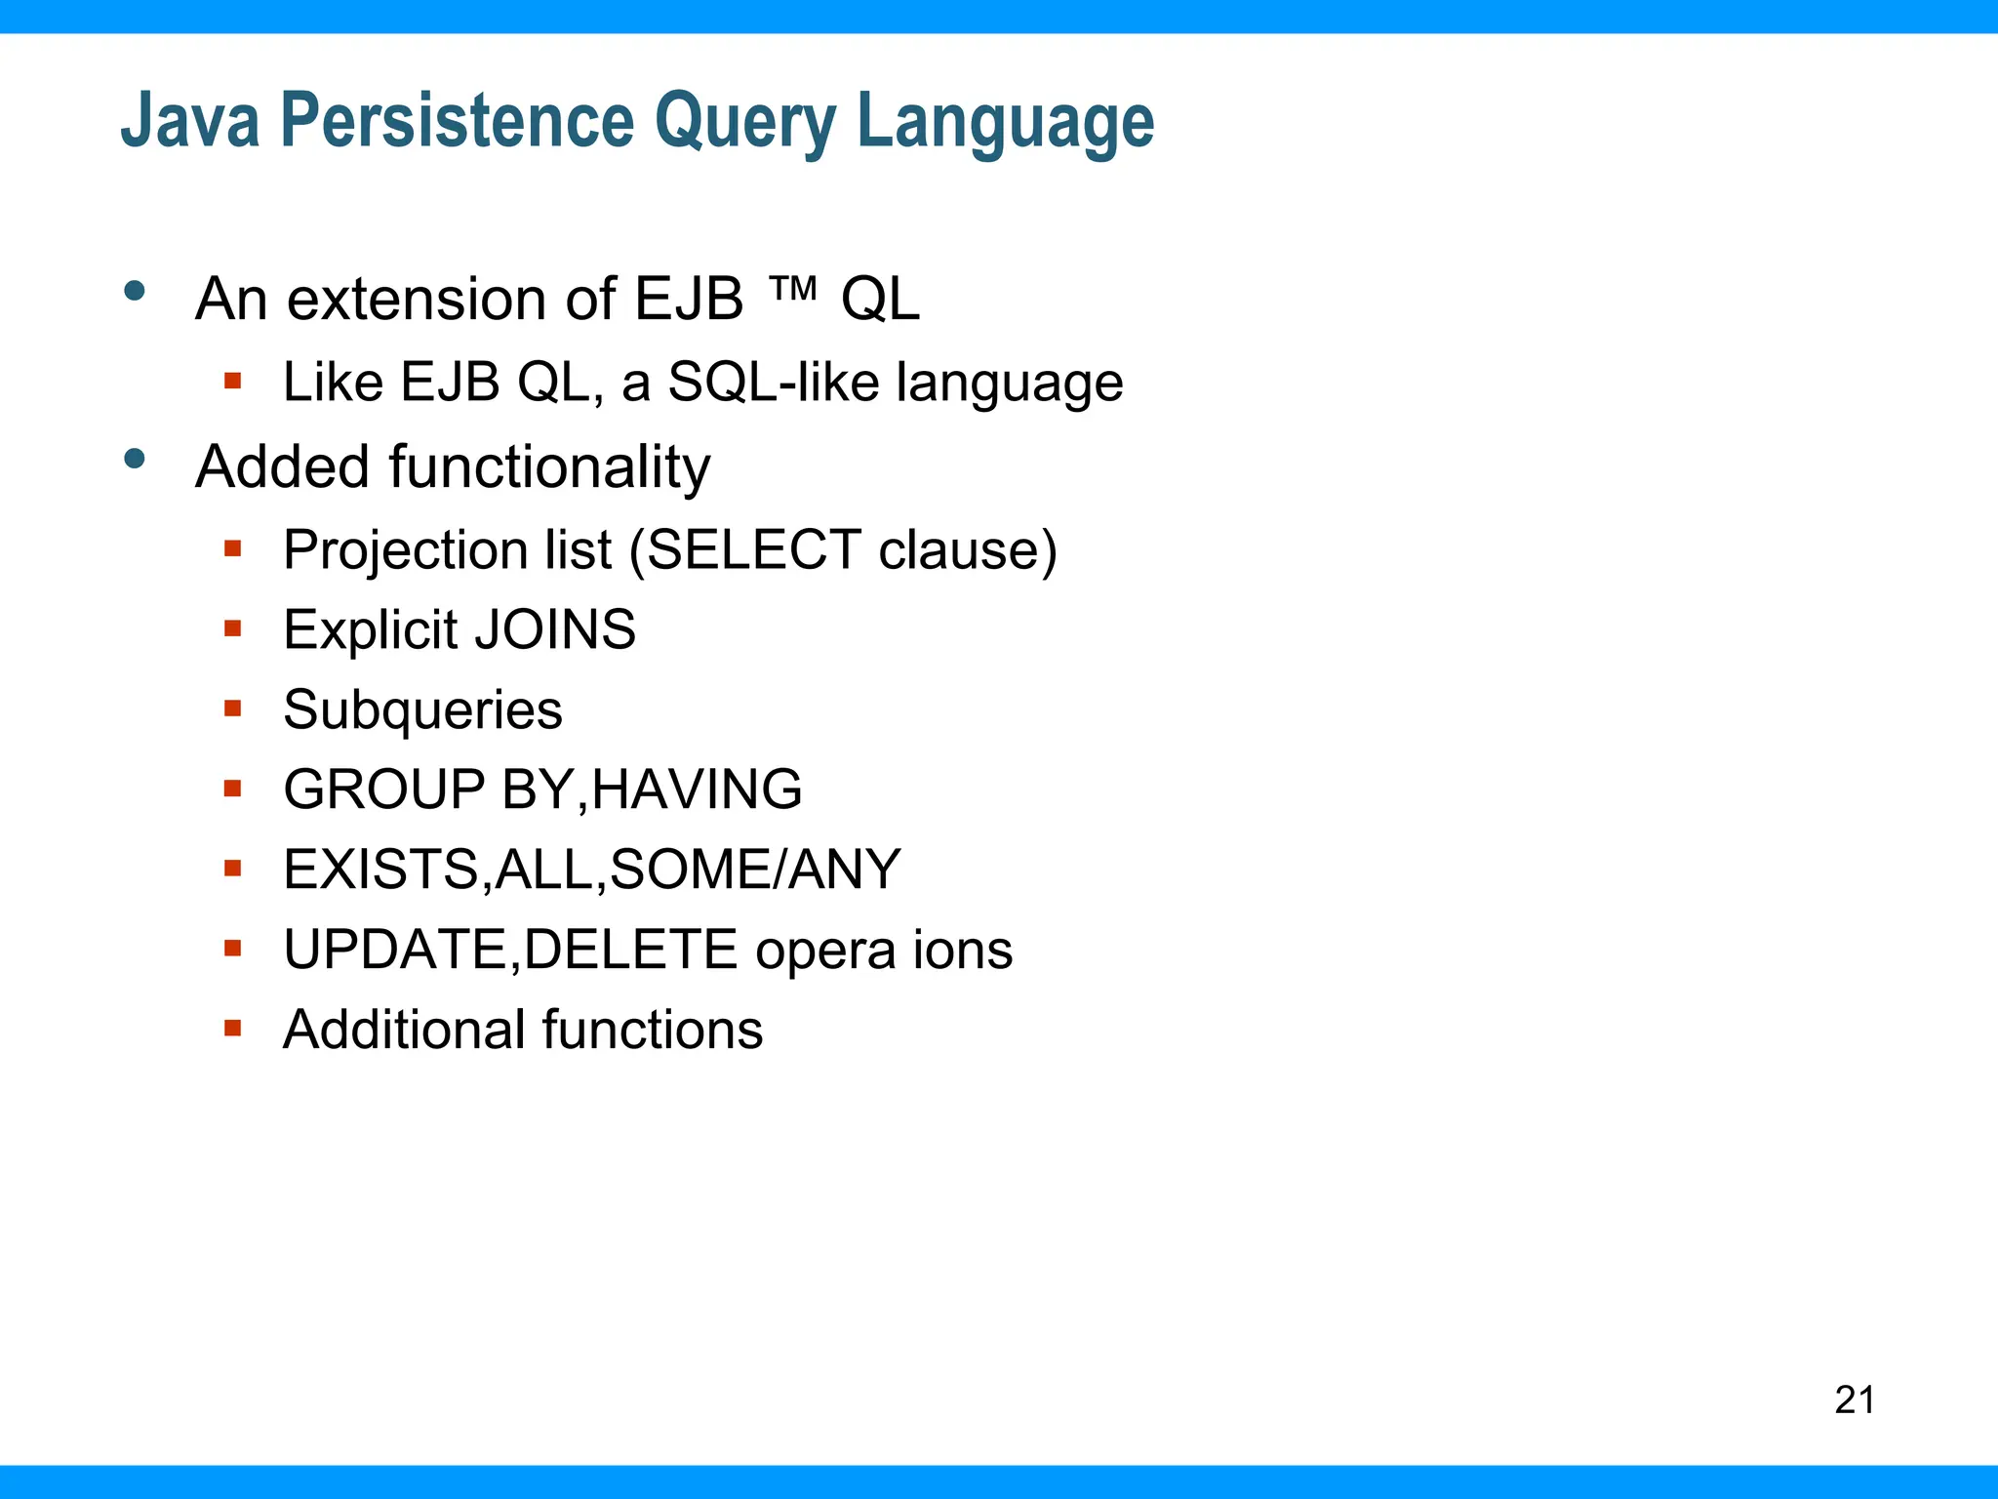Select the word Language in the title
[1005, 122]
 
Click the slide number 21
[1855, 1399]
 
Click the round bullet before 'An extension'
[135, 290]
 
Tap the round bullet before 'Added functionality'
[135, 458]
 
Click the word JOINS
[555, 629]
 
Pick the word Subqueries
[422, 709]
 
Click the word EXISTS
[381, 869]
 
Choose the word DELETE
[630, 949]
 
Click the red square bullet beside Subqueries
[232, 708]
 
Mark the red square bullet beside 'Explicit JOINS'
[232, 628]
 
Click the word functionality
[550, 466]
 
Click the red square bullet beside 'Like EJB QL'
[232, 380]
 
